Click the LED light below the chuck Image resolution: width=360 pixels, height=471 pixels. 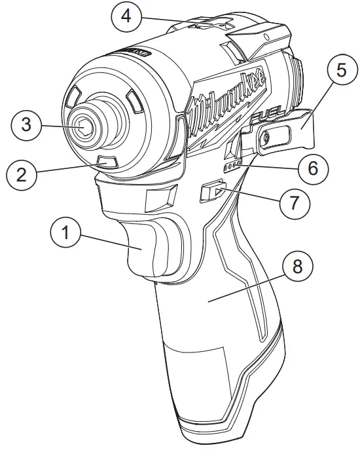coord(105,161)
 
